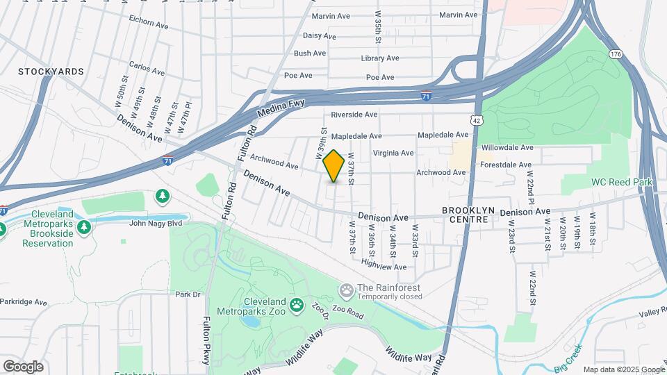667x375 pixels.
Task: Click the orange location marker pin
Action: tap(334, 166)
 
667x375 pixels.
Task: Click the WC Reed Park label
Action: tap(623, 182)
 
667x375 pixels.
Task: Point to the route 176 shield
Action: tap(614, 53)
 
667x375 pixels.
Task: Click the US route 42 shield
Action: tap(476, 119)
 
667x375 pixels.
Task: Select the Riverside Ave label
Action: tap(354, 115)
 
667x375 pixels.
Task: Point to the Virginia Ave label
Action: tap(393, 153)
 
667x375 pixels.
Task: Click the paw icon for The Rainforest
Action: tap(345, 289)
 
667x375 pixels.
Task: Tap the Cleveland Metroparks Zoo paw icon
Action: tap(297, 303)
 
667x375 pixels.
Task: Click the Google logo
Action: tap(23, 366)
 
